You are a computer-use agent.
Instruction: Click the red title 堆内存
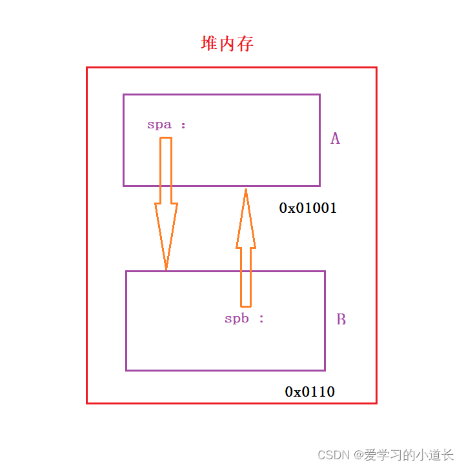[227, 44]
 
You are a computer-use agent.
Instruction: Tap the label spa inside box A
[159, 125]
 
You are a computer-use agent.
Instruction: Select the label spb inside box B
[237, 319]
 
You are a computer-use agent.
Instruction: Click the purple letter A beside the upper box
[335, 139]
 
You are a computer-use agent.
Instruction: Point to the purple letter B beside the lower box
[341, 319]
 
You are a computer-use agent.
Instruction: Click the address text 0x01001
[308, 208]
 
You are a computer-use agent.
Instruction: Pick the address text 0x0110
[310, 392]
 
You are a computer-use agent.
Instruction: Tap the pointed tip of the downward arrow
[166, 268]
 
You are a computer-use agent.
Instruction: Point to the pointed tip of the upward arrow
[246, 190]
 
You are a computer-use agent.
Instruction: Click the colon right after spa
[183, 125]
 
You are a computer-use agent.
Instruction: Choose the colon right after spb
[261, 319]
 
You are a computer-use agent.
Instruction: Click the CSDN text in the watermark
[332, 455]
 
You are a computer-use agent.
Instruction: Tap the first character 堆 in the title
[209, 44]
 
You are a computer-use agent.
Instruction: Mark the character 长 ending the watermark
[447, 455]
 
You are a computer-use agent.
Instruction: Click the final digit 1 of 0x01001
[333, 208]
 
